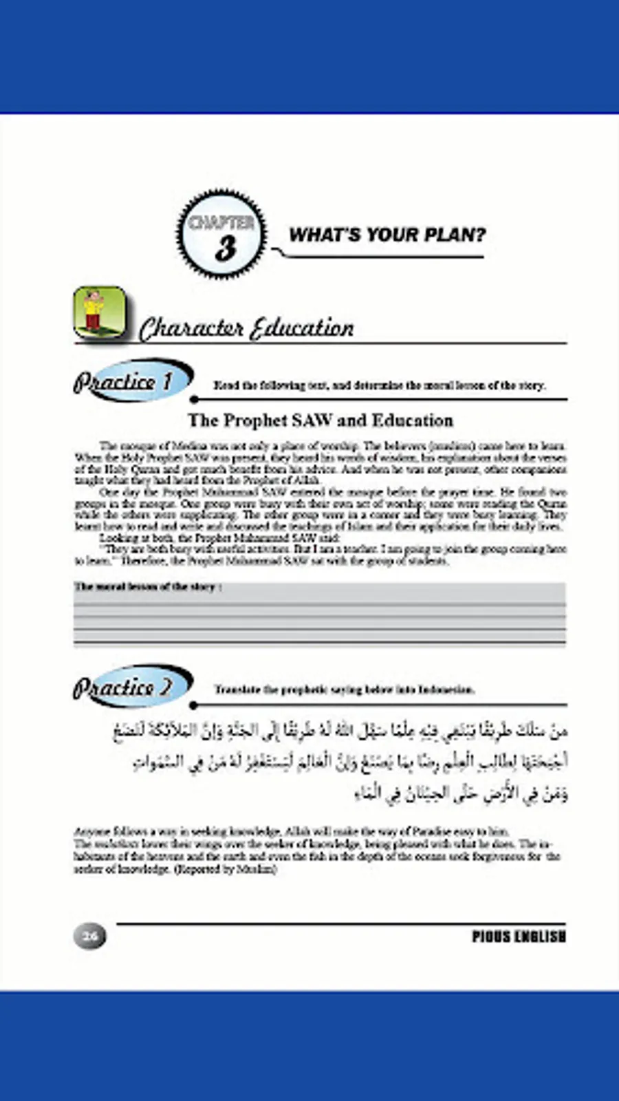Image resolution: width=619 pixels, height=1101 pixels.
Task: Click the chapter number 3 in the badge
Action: click(224, 248)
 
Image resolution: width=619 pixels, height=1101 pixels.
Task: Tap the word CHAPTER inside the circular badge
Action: click(221, 222)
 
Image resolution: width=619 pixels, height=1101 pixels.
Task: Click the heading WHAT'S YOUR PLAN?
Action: click(387, 235)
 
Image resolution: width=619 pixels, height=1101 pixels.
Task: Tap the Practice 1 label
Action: click(124, 381)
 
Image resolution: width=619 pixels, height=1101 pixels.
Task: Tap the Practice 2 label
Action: click(124, 687)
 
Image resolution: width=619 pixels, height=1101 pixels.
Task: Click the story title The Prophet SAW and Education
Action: click(321, 420)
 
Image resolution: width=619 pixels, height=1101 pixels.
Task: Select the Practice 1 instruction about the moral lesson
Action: click(379, 385)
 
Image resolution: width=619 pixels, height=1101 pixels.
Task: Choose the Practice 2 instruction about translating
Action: click(344, 690)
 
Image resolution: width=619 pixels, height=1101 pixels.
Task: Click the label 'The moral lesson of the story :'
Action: click(148, 587)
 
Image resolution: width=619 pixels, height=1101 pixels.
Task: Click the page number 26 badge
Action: click(90, 936)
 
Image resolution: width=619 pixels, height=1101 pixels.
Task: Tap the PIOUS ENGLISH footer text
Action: click(519, 937)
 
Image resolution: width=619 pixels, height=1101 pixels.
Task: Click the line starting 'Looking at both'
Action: click(219, 537)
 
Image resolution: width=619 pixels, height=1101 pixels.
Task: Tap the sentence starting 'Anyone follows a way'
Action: click(292, 831)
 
